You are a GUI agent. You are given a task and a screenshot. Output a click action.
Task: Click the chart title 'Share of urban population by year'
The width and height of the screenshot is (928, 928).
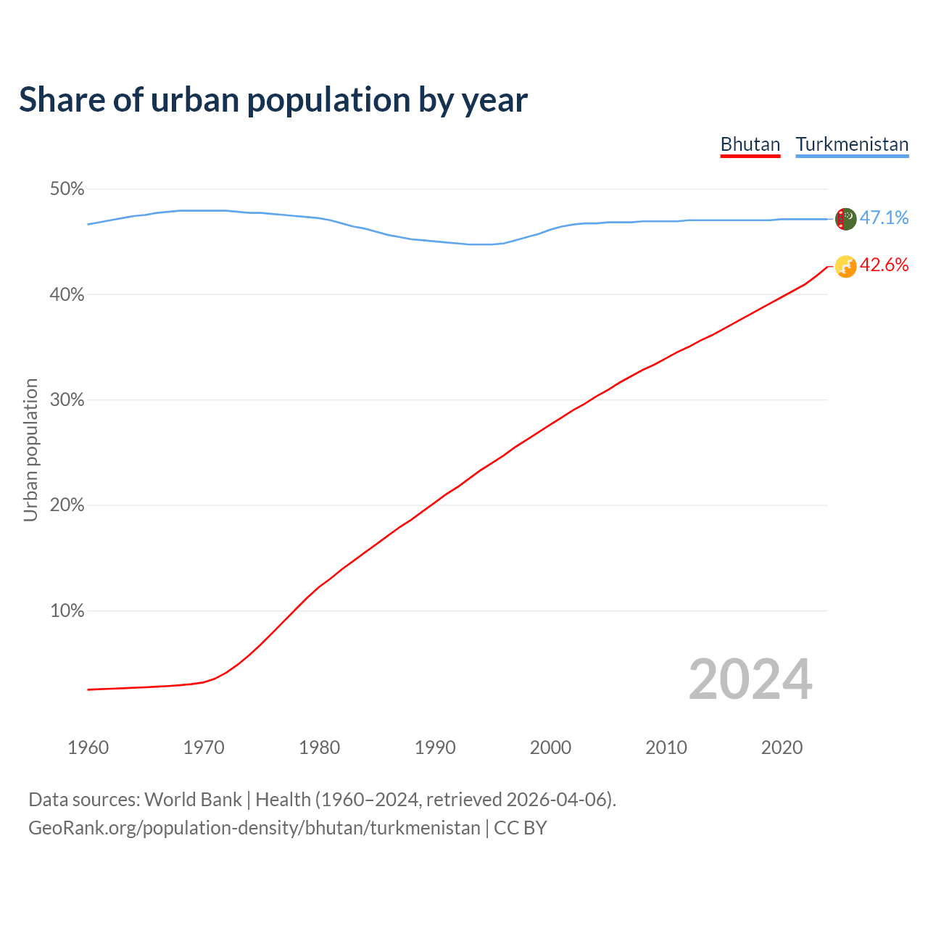coord(273,100)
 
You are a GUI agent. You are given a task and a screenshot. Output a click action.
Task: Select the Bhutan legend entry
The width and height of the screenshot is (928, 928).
coord(750,144)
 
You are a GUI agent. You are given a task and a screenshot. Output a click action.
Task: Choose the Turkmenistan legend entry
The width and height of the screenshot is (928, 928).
coord(852,144)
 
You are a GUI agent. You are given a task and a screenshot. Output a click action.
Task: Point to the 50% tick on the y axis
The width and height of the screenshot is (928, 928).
coord(67,189)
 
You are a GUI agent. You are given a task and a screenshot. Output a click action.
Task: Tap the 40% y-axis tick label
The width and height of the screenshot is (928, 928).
coord(67,295)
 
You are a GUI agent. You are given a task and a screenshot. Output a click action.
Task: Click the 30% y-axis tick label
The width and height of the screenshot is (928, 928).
coord(67,400)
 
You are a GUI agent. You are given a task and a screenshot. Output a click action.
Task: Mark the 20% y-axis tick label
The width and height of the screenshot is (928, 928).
coord(67,505)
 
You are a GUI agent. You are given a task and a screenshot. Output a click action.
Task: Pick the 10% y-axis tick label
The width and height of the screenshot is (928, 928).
coord(67,611)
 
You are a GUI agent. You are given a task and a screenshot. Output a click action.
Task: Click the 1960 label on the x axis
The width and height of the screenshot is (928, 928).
coord(88,747)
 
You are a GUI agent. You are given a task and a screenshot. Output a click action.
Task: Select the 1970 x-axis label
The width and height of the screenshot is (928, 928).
coord(204,747)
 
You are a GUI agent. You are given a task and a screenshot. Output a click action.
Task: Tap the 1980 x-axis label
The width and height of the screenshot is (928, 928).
coord(320,747)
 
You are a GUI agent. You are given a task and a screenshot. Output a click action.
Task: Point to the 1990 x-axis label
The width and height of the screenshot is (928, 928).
coord(435,747)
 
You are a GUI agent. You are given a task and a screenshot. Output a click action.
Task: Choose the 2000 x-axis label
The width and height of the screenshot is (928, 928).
coord(551,747)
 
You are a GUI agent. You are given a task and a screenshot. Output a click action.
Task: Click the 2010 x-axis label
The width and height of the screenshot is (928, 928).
coord(666,747)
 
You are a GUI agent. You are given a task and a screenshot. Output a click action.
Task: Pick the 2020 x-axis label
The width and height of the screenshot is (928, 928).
coord(782,747)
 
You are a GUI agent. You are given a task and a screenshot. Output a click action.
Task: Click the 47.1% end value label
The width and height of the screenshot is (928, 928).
coord(884,218)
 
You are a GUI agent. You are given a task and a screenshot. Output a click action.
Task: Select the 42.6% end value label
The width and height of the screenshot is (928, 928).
coord(884,265)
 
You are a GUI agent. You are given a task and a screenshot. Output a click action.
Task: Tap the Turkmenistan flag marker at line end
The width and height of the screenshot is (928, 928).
coord(845,219)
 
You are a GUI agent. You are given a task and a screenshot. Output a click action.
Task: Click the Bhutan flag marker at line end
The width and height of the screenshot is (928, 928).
coord(845,267)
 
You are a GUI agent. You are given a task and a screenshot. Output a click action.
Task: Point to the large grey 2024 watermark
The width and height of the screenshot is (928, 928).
coord(750,679)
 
